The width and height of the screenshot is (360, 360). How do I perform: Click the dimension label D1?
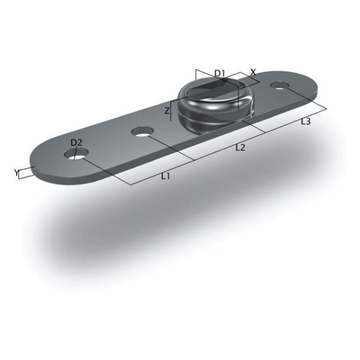tap(219, 73)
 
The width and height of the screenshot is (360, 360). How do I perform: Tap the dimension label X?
tap(253, 73)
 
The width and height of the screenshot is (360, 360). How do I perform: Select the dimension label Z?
tap(167, 110)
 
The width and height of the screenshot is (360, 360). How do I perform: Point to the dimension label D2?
tap(76, 143)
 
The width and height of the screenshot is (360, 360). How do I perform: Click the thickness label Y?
tap(16, 172)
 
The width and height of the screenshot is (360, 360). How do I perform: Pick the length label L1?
tap(166, 176)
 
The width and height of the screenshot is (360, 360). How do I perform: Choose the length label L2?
tap(240, 148)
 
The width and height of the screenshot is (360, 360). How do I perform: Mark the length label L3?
tap(305, 121)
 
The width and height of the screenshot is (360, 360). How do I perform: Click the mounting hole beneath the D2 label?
tap(76, 154)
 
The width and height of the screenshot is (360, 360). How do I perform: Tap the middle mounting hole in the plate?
tap(142, 131)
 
